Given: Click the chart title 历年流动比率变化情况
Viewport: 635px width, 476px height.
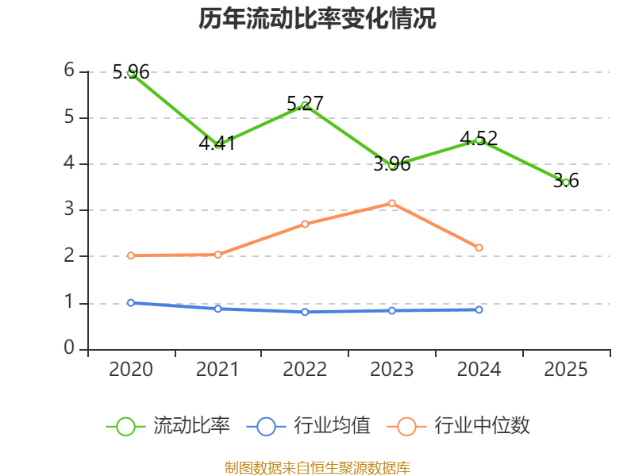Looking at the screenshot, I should pos(317,19).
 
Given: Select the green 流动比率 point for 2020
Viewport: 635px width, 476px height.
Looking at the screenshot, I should pos(131,72).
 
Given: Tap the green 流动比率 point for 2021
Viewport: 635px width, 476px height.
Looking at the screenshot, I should pos(218,145).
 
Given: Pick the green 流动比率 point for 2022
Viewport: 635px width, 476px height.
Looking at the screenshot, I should pos(305,106).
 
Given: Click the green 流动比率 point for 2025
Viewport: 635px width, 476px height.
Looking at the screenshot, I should pos(566,182).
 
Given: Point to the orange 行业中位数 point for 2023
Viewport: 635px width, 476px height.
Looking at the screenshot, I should pos(392,203).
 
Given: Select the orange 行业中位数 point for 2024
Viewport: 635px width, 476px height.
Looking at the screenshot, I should pos(479,248).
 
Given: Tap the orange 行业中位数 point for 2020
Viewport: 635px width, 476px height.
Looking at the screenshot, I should pos(131,255).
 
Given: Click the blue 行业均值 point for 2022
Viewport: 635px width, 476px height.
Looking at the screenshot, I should pos(305,312).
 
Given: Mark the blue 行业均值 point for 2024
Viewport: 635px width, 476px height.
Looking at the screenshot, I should pos(479,309).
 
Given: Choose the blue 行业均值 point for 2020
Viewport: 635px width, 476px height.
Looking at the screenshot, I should pos(131,302).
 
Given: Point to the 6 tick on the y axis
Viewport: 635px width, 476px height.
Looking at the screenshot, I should pos(69,71).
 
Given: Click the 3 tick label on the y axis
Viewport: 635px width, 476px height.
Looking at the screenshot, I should pos(69,209).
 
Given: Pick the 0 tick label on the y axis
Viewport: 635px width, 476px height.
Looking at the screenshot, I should pos(69,349).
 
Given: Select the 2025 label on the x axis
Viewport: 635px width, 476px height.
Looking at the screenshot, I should pos(566,370).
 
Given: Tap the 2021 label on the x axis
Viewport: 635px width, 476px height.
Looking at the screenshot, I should pos(218,370).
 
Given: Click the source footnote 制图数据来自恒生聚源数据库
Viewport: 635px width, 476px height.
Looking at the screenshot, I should pos(317,467).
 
